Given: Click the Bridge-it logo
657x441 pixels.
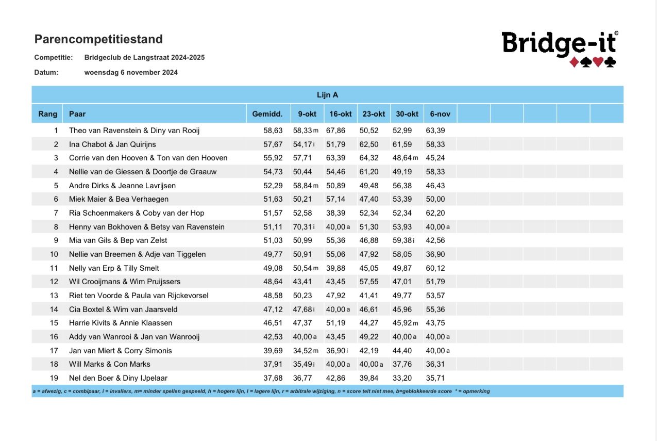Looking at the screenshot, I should [559, 47].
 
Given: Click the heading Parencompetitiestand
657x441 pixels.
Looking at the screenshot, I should [98, 39].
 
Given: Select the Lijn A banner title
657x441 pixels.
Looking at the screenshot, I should [327, 95].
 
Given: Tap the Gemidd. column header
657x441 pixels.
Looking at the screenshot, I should [267, 114].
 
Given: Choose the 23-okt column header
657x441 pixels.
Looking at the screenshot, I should [374, 114].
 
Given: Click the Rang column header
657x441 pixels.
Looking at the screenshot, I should [47, 114].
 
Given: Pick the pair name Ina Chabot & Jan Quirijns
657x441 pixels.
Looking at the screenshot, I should [112, 144].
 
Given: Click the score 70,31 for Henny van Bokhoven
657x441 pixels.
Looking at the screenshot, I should [301, 227].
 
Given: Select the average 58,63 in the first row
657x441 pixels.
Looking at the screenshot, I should [273, 130].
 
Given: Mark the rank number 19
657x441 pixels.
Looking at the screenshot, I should [54, 378].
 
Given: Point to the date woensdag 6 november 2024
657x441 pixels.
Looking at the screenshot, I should [131, 73].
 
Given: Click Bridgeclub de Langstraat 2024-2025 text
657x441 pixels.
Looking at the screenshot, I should [144, 58].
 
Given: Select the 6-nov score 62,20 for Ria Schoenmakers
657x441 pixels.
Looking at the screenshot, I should [435, 213].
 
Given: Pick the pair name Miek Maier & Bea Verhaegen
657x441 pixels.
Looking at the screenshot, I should [119, 199].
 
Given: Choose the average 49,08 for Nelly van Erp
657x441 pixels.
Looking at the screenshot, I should [273, 268].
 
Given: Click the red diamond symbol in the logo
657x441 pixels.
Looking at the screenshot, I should [574, 62].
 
